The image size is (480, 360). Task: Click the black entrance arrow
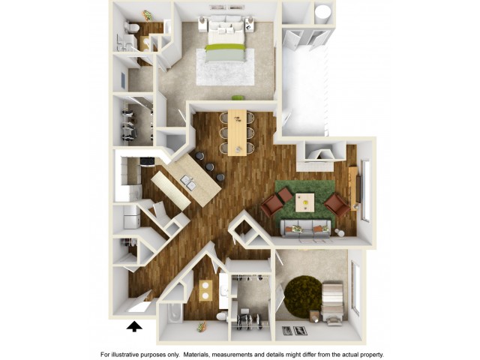134,327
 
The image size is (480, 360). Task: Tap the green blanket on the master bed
226,47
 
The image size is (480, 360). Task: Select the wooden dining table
237,132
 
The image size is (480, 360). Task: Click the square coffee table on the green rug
305,202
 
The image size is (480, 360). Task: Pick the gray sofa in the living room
306,229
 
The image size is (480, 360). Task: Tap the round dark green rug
302,298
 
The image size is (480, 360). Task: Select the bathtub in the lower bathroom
175,313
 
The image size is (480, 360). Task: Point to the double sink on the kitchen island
188,183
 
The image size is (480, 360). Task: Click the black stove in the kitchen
148,162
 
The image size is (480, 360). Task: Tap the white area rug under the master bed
225,67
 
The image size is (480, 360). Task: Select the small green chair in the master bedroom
238,97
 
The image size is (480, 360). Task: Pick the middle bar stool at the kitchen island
209,167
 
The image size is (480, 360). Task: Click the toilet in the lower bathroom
221,316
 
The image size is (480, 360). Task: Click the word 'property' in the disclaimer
372,355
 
